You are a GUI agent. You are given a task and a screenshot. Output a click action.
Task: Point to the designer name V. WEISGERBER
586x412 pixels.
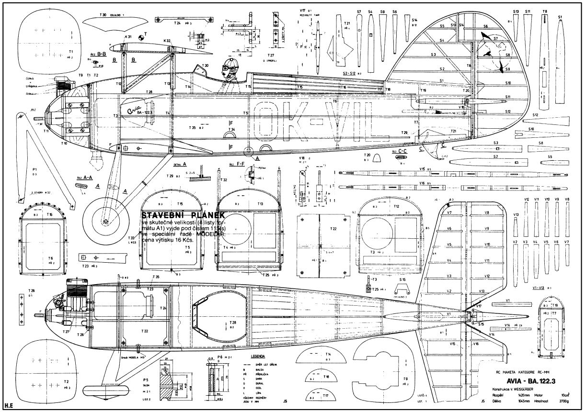pyautogui.click(x=526, y=389)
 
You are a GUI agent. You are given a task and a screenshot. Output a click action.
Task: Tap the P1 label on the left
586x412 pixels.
pyautogui.click(x=35, y=169)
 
